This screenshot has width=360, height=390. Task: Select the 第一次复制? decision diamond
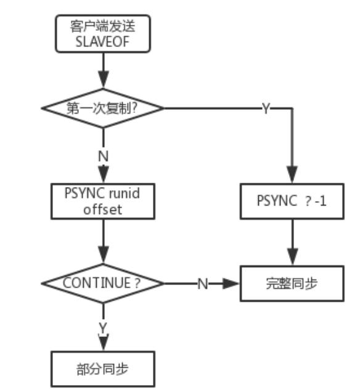pyautogui.click(x=103, y=107)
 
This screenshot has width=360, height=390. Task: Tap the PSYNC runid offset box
pyautogui.click(x=103, y=201)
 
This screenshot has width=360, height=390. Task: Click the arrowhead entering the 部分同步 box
pyautogui.click(x=103, y=346)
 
